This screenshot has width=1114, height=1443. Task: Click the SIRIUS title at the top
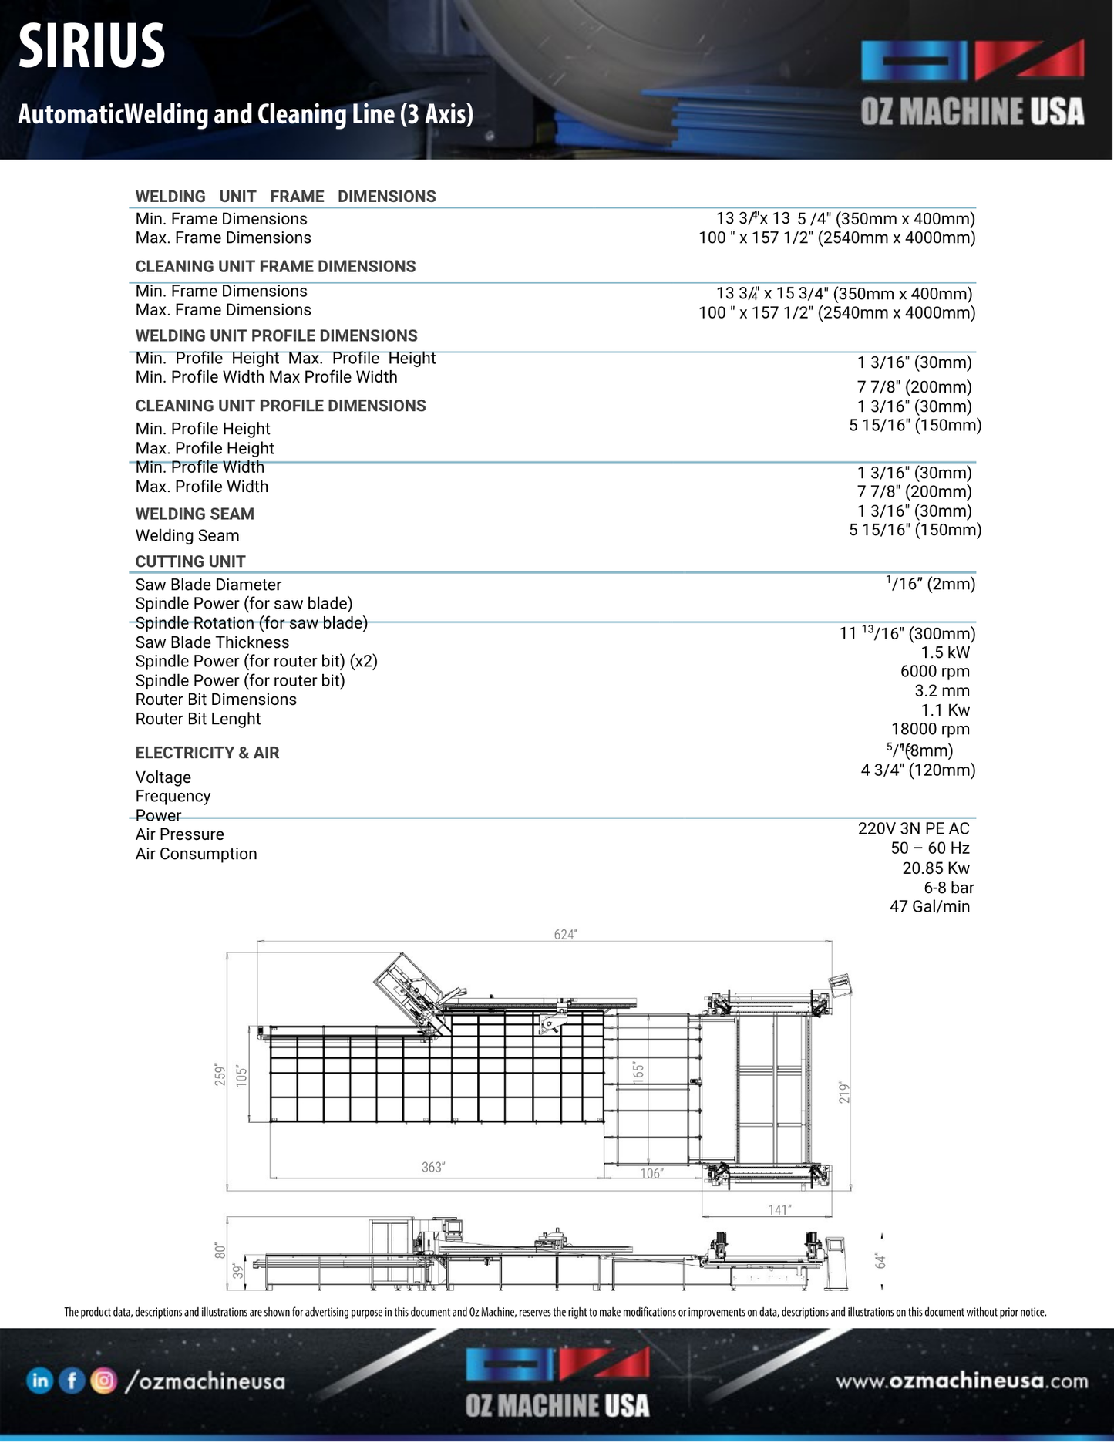pyautogui.click(x=91, y=46)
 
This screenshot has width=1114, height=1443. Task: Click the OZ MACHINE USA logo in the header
pyautogui.click(x=972, y=83)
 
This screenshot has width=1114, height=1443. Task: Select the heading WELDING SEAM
pyautogui.click(x=194, y=514)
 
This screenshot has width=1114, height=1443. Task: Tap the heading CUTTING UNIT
pyautogui.click(x=190, y=562)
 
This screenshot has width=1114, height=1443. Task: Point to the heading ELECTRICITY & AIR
pyautogui.click(x=207, y=754)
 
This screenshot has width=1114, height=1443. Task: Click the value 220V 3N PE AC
pyautogui.click(x=914, y=829)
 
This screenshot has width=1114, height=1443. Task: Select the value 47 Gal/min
pyautogui.click(x=929, y=907)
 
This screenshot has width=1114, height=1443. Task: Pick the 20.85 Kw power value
pyautogui.click(x=935, y=868)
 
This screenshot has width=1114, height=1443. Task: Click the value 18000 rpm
pyautogui.click(x=930, y=730)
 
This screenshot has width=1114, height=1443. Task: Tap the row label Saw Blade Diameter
pyautogui.click(x=208, y=585)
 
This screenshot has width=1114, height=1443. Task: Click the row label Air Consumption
pyautogui.click(x=196, y=855)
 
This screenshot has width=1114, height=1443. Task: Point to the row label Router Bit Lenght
pyautogui.click(x=198, y=720)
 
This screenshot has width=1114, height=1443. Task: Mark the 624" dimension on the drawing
pyautogui.click(x=565, y=935)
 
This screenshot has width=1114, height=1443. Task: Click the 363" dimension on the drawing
pyautogui.click(x=432, y=1168)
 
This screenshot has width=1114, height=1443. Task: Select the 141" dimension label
pyautogui.click(x=779, y=1210)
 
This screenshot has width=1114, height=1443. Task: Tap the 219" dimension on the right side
pyautogui.click(x=844, y=1092)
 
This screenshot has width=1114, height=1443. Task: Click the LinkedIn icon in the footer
pyautogui.click(x=39, y=1381)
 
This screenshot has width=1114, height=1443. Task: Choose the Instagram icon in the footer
pyautogui.click(x=103, y=1381)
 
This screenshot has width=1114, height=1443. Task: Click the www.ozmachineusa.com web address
pyautogui.click(x=962, y=1381)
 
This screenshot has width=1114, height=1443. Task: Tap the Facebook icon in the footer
pyautogui.click(x=72, y=1381)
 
